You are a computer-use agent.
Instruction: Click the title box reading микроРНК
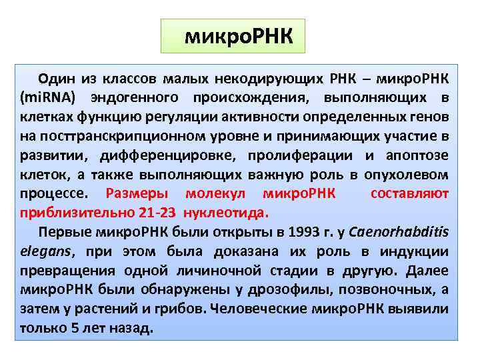pyautogui.click(x=233, y=36)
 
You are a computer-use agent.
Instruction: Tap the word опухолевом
pyautogui.click(x=416, y=175)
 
